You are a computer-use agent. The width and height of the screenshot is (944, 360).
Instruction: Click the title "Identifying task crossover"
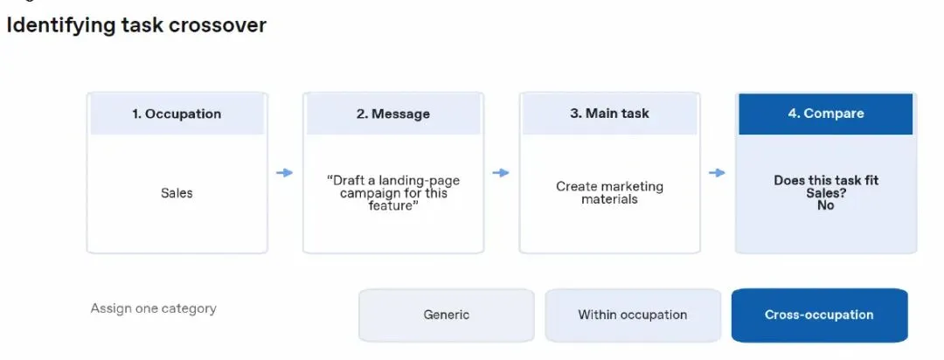pos(136,25)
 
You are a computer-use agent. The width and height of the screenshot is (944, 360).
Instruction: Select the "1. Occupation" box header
pos(177,114)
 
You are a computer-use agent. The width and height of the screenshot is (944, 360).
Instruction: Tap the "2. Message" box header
pos(393,114)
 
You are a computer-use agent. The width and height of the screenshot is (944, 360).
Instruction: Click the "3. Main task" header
pos(609,114)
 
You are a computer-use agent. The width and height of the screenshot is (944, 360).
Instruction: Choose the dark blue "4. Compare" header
pos(825,114)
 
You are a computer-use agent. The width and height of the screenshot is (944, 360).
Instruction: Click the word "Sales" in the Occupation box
pos(177,193)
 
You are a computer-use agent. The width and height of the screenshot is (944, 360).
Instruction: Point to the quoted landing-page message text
pos(393,193)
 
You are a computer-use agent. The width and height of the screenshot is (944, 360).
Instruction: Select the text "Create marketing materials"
pos(609,192)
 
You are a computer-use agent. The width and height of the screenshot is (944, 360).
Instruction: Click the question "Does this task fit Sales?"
pos(826,187)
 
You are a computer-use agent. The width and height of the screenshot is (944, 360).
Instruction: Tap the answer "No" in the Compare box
pos(826,205)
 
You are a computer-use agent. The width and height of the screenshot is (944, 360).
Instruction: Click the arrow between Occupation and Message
pos(284,173)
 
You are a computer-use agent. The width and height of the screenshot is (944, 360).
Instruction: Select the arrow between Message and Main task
pos(500,173)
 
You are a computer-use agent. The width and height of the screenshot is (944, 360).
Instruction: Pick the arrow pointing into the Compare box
pos(717,173)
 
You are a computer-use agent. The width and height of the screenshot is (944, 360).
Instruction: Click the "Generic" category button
pos(446,315)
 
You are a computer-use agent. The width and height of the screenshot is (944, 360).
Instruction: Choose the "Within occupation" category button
pos(633,315)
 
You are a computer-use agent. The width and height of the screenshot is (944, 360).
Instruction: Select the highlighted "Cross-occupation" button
pos(819,315)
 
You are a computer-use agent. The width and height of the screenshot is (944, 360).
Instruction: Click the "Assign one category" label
pos(154,308)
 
